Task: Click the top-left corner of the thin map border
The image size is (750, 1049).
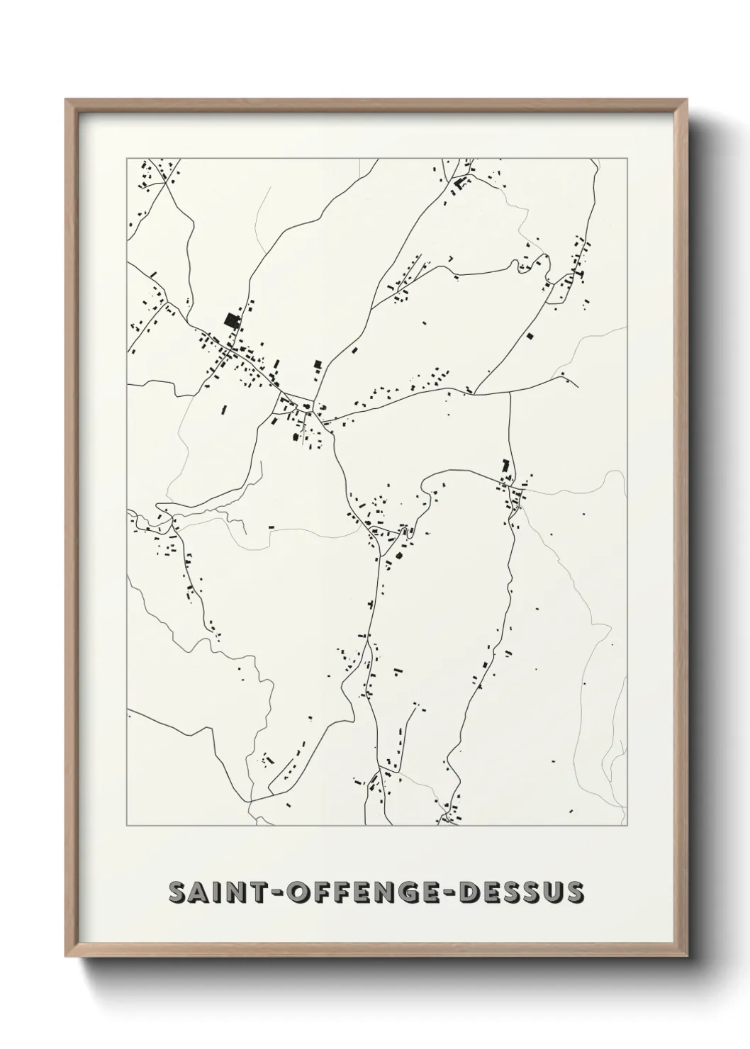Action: click(127, 159)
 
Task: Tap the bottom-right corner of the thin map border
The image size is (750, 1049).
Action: click(627, 826)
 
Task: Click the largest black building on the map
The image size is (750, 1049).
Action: click(231, 320)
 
